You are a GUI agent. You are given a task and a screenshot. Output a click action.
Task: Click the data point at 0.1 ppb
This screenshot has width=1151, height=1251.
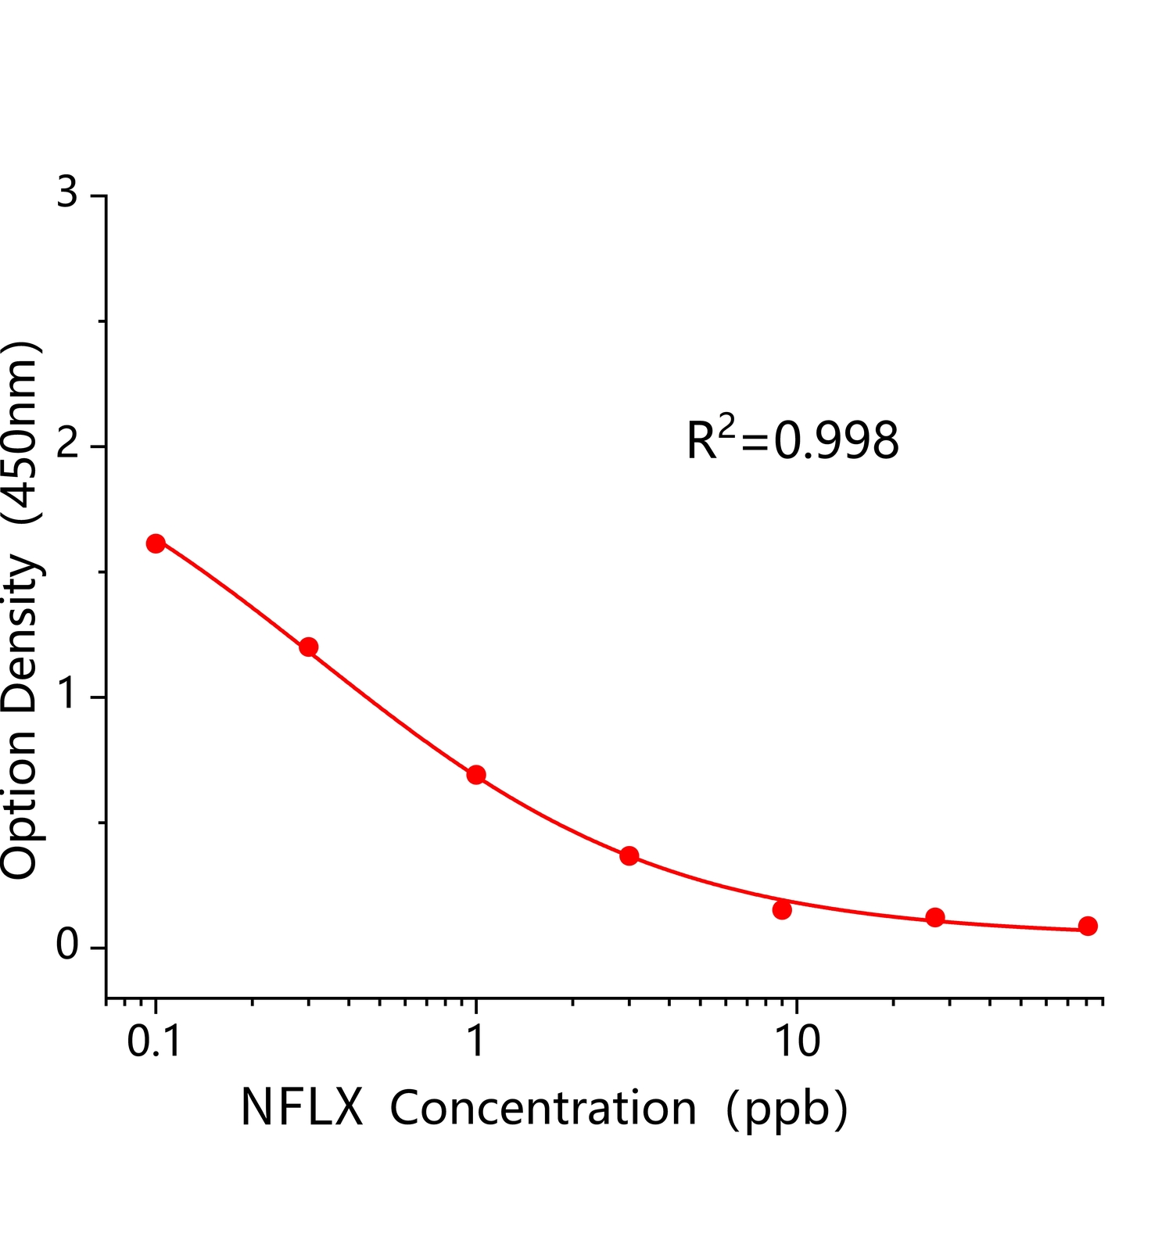(x=156, y=543)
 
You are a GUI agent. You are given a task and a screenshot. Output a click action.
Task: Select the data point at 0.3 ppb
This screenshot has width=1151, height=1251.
(x=309, y=647)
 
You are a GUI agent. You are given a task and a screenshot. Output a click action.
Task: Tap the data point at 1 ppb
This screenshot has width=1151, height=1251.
(x=476, y=775)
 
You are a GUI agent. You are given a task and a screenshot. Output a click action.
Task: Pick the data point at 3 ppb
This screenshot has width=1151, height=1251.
(x=629, y=856)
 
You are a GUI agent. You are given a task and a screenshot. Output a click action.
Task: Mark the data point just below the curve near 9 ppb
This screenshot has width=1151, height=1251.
(x=782, y=909)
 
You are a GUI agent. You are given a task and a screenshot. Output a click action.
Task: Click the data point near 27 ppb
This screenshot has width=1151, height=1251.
(x=935, y=917)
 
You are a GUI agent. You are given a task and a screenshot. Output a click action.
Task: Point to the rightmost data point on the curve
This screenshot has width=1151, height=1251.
(x=1088, y=926)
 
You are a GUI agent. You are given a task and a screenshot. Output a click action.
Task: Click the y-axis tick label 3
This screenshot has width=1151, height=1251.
(x=68, y=192)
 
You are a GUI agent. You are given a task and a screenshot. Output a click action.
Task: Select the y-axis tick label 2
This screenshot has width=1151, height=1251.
(x=68, y=444)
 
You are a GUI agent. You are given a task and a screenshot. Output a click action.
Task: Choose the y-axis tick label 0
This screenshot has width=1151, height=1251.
(x=68, y=946)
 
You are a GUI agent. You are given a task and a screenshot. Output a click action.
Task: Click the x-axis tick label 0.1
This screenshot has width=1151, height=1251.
(x=155, y=1041)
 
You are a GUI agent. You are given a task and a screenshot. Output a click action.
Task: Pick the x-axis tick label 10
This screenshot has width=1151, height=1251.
(x=797, y=1041)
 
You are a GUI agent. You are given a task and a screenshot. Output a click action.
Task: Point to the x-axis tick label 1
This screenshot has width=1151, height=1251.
(x=475, y=1041)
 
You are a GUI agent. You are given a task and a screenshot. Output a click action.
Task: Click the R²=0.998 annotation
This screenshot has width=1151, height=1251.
(x=792, y=439)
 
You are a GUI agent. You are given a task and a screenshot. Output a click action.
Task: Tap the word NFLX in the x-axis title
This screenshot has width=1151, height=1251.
(x=302, y=1108)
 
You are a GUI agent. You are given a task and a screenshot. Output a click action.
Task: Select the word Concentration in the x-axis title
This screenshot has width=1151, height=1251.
(x=543, y=1108)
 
